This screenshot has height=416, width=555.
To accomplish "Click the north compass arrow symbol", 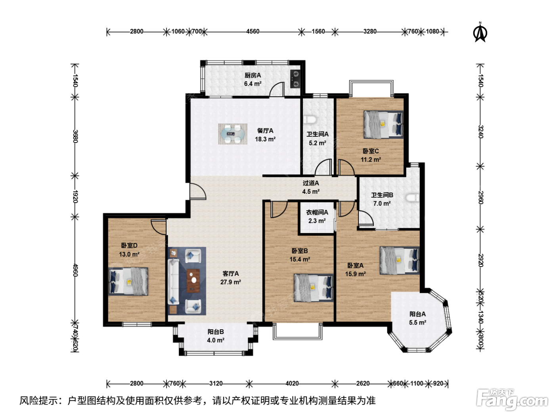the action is point(480,32).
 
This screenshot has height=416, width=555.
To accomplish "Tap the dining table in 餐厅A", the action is point(233,134).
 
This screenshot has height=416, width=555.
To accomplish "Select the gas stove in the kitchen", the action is point(295,79).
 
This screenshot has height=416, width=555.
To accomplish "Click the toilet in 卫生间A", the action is point(310,120).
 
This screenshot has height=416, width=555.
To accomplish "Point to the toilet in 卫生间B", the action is point(413,198).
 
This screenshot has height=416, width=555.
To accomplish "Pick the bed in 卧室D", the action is point(128,281).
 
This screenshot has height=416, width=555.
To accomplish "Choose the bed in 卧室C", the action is point(383,124).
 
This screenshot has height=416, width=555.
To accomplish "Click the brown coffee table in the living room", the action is point(193,281).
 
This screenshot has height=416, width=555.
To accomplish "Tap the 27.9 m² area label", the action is point(230,282).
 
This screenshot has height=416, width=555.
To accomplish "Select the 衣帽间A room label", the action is point(317,212).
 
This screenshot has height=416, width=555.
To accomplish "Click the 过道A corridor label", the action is point(311,183).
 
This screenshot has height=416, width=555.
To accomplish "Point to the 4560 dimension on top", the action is point(253,31).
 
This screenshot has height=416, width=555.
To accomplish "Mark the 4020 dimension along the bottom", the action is point(292,384).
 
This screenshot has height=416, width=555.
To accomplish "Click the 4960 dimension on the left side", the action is point(75,270).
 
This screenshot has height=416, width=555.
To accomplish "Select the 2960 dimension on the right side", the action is point(480,198).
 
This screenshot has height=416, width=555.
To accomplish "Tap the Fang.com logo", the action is point(512,399).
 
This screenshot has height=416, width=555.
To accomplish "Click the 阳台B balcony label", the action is point(216,332).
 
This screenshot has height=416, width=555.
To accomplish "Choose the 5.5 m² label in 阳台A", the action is point(418,322).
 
